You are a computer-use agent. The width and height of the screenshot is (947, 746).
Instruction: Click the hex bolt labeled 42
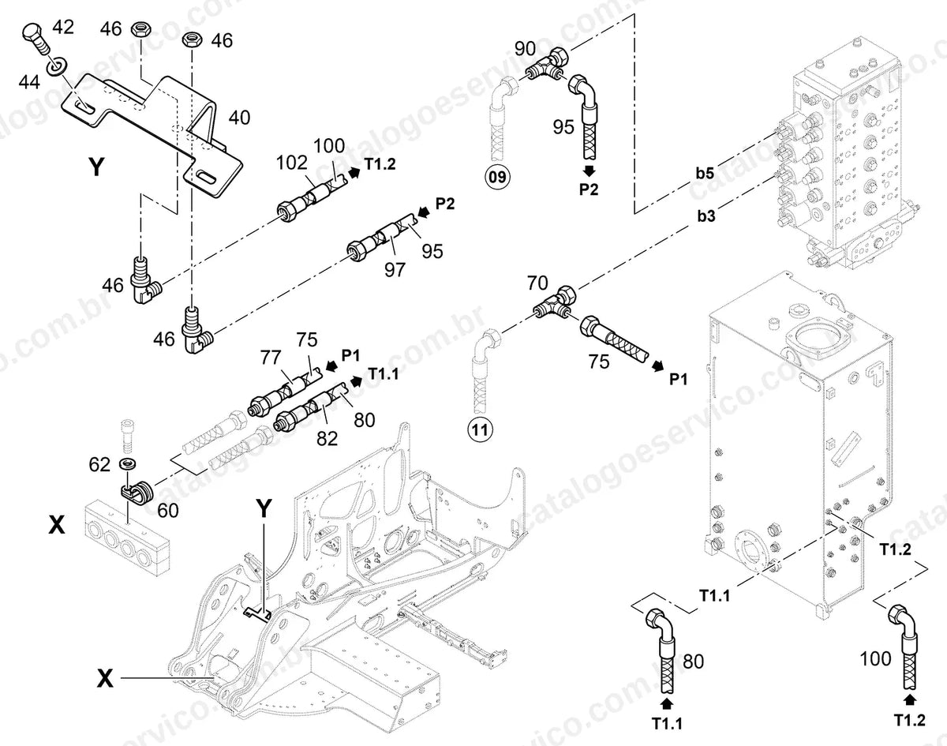36,39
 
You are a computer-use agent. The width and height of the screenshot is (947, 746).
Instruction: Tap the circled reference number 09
497,177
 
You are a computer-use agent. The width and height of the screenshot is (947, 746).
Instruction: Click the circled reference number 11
480,429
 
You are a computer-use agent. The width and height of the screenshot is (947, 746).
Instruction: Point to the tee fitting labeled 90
548,66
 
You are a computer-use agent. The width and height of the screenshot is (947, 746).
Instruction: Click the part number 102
292,163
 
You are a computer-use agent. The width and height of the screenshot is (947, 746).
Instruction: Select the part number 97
395,269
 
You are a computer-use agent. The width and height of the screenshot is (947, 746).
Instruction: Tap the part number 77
270,357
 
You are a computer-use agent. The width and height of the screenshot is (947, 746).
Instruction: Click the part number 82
327,438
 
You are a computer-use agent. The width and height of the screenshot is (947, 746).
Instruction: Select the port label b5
705,173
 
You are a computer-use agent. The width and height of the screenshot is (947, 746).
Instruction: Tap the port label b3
706,216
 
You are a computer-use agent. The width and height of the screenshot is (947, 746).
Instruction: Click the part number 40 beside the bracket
239,118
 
